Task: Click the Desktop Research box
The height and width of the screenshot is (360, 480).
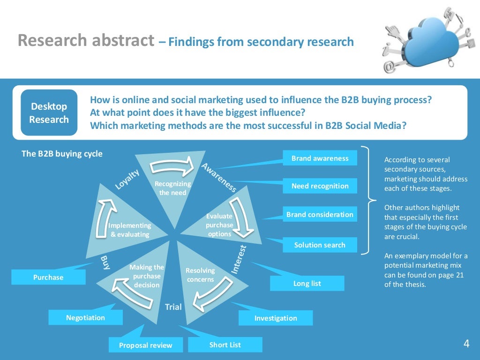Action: (x=49, y=112)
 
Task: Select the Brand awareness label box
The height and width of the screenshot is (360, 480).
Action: (x=320, y=158)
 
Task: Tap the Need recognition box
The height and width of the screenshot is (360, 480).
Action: (x=320, y=186)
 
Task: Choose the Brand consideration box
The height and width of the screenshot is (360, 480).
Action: (x=320, y=214)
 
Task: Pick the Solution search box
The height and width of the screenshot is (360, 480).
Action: (x=320, y=245)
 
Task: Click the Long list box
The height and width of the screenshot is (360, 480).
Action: (x=307, y=283)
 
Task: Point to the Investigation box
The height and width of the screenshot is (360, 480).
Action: (x=276, y=318)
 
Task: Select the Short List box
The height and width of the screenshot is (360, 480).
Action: (x=225, y=345)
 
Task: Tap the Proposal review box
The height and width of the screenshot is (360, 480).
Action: (x=145, y=345)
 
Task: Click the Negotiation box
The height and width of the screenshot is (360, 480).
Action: (x=85, y=317)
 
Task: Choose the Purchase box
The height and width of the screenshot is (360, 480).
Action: (x=48, y=277)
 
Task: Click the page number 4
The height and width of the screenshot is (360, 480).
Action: (x=466, y=344)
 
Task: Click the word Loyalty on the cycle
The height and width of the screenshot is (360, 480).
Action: (x=127, y=180)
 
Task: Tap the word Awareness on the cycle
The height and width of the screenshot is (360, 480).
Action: (x=219, y=178)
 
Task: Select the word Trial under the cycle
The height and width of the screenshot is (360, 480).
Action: (x=173, y=307)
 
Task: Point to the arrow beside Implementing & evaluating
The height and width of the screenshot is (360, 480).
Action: (x=102, y=217)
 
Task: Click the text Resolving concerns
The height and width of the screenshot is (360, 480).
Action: (x=200, y=275)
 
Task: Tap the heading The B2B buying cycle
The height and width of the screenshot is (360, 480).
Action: (x=62, y=154)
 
